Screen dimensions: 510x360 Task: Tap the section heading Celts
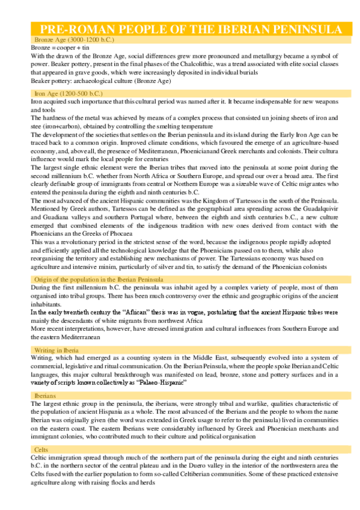pos(40,450)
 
